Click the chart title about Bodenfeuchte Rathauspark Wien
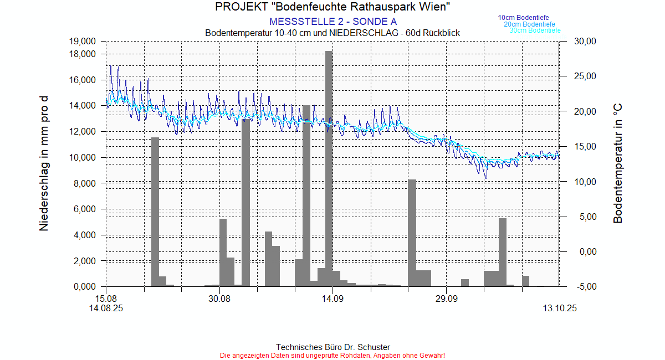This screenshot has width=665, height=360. coord(332,7)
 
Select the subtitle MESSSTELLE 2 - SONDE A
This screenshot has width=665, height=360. coord(332,22)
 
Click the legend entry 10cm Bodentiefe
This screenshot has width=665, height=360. coord(523,18)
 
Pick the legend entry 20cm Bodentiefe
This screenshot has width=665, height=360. coord(529,24)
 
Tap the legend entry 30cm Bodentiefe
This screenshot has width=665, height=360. coord(535,30)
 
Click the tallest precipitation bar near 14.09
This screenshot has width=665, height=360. coord(329,166)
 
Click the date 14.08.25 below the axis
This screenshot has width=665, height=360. coord(106,309)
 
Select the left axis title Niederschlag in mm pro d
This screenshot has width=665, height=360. coord(44,163)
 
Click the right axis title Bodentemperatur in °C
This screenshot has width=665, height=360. coord(618,163)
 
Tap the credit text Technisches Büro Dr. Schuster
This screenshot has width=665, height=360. coord(332,347)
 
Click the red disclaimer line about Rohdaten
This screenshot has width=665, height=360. coord(332,355)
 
